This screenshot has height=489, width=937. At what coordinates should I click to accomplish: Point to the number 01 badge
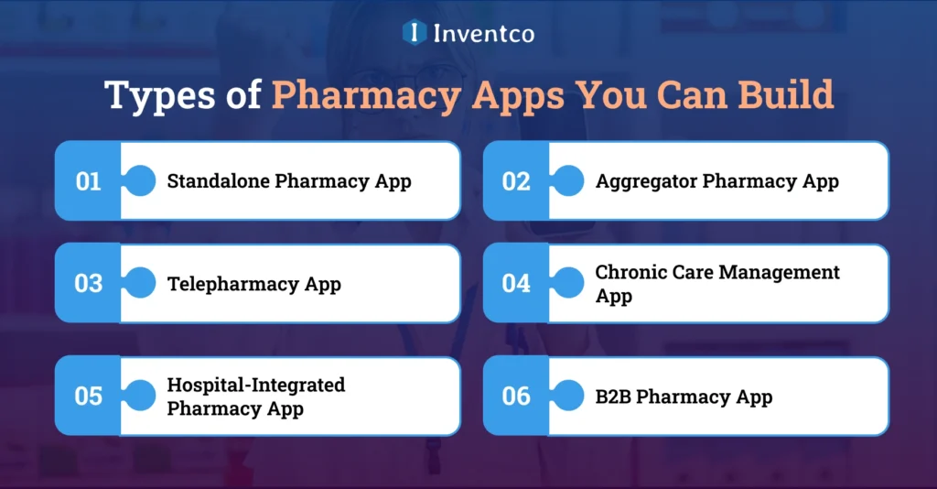(x=88, y=181)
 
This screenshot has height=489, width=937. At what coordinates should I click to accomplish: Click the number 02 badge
(x=516, y=181)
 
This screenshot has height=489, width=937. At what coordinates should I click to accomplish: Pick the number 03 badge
(x=88, y=283)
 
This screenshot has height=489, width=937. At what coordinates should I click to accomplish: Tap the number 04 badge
(x=516, y=283)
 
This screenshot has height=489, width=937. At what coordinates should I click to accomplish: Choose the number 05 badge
(x=88, y=396)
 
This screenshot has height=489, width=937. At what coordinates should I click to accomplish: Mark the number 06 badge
(x=516, y=396)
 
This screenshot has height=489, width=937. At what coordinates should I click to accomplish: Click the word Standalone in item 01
(x=218, y=181)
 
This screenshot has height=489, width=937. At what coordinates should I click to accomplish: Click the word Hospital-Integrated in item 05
(x=255, y=385)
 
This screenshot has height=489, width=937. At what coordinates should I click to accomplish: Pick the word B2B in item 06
(x=613, y=397)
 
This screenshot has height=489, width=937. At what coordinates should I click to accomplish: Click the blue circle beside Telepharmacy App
(x=140, y=283)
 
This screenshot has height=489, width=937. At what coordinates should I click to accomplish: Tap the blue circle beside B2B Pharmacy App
(x=568, y=396)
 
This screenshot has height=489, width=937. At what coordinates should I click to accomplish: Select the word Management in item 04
(x=767, y=272)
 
